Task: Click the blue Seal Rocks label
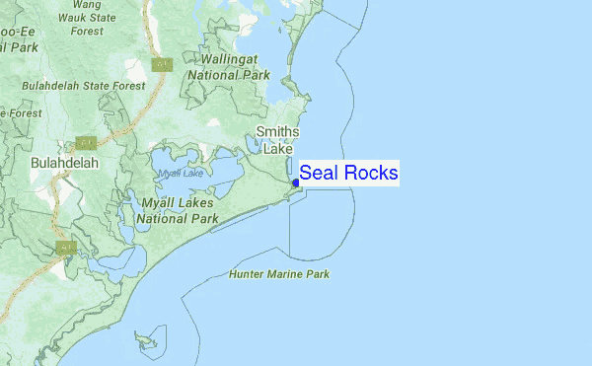(x=348, y=174)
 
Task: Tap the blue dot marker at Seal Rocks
(x=296, y=182)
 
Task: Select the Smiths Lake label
(x=277, y=140)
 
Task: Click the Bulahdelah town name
(x=65, y=161)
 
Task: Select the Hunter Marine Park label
(x=278, y=274)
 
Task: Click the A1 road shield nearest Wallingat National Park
(x=162, y=65)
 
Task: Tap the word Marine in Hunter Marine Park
(x=282, y=274)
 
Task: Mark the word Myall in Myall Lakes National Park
(x=159, y=203)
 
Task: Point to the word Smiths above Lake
(x=277, y=132)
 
